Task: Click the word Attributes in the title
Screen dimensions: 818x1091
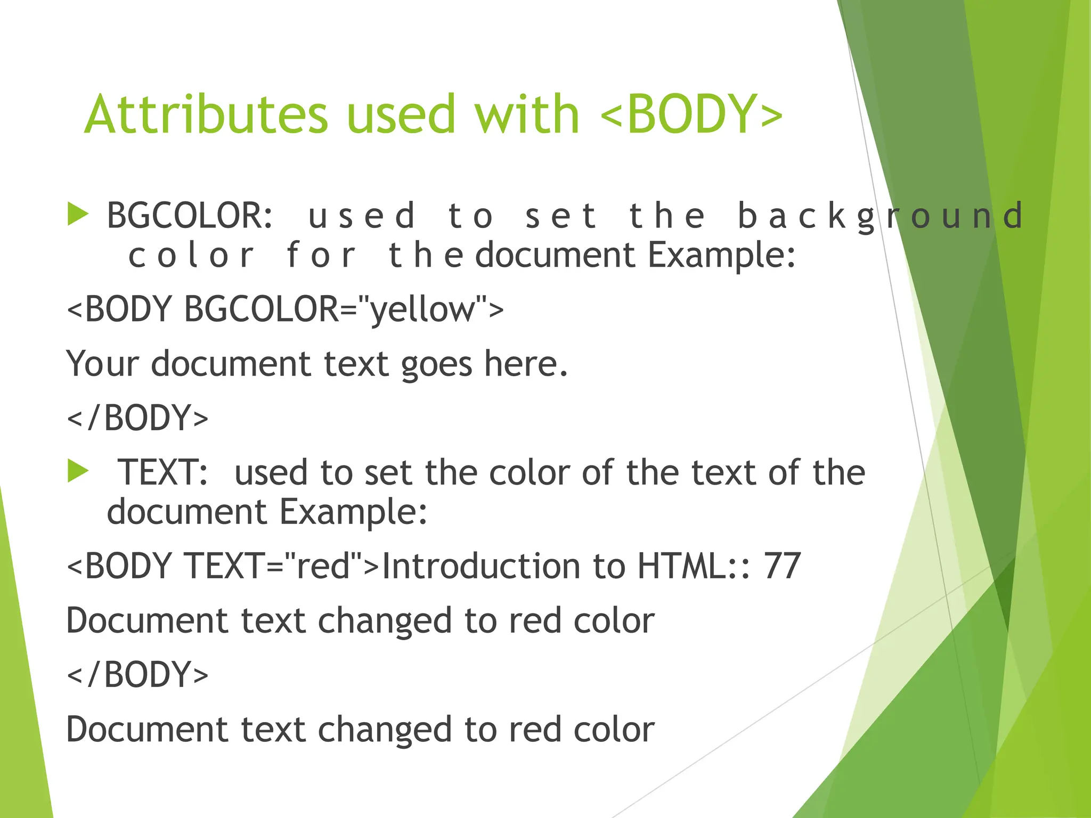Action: tap(206, 114)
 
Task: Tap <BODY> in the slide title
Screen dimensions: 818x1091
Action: tap(691, 114)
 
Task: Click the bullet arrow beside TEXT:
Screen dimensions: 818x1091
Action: tap(78, 472)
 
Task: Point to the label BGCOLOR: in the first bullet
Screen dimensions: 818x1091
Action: tap(190, 215)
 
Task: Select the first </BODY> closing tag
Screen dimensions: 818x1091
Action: tap(137, 418)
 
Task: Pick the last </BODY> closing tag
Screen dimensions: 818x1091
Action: tap(137, 675)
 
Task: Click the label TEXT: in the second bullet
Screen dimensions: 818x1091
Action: tap(162, 472)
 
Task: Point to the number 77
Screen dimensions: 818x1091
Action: tap(782, 566)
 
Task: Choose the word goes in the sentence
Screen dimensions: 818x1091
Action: tap(436, 365)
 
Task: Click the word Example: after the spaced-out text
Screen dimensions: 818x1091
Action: tap(721, 256)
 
